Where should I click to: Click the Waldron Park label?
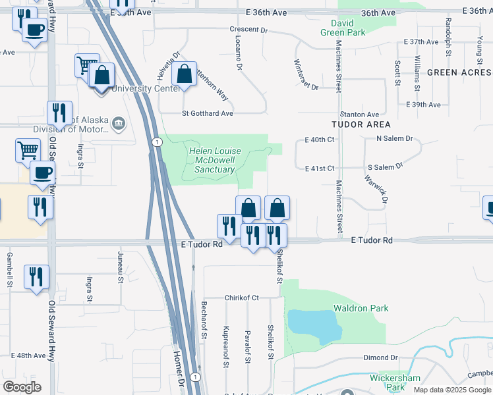[361, 308]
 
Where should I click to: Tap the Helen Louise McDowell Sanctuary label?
[216, 160]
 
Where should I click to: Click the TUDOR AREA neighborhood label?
[361, 124]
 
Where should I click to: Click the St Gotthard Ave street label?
[208, 113]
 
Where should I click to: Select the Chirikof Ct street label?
[242, 298]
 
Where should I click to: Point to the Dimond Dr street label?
[380, 358]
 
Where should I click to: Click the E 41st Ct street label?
[320, 169]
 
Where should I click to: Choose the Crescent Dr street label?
[249, 30]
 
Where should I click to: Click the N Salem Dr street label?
[394, 139]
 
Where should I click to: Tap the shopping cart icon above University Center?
[86, 65]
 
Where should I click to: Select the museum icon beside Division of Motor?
[119, 123]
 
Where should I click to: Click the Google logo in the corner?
[22, 387]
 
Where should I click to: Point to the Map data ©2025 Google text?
[451, 390]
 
